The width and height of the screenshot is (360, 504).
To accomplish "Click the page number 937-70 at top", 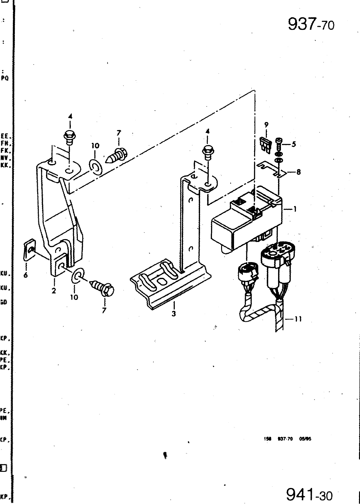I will tap(311, 24).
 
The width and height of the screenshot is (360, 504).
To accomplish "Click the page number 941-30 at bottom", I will tap(309, 495).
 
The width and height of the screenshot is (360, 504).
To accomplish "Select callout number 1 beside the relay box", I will tap(294, 209).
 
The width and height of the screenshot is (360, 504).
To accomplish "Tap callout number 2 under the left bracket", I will tap(54, 291).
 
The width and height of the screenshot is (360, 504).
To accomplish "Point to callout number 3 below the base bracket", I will tap(174, 313).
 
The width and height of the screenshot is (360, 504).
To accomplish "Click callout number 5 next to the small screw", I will tap(294, 145).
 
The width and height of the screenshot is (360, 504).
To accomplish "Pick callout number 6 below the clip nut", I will tap(26, 275).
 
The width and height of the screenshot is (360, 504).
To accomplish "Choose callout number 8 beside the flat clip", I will tap(298, 172).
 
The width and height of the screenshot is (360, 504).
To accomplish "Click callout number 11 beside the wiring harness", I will tap(298, 319).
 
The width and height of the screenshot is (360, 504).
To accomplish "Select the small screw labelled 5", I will tap(279, 144).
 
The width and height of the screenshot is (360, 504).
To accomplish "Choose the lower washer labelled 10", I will tap(77, 275).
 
